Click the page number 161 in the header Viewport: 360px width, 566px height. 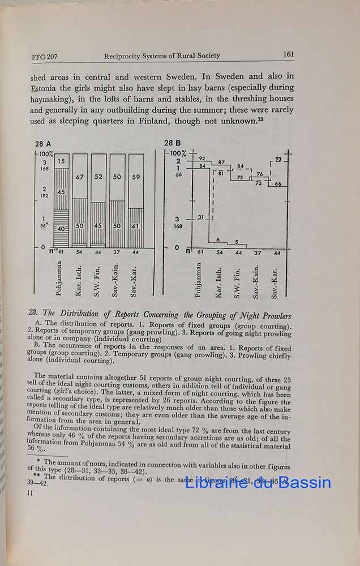pyautogui.click(x=288, y=55)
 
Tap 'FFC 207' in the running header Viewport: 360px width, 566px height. pyautogui.click(x=45, y=57)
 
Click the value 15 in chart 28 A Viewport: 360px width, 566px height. pyautogui.click(x=62, y=162)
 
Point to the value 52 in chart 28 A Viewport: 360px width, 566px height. pyautogui.click(x=98, y=177)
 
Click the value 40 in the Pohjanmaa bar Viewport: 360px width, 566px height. pyautogui.click(x=62, y=229)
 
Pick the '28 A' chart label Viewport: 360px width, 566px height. pyautogui.click(x=43, y=143)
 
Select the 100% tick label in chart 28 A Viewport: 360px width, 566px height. pyautogui.click(x=46, y=153)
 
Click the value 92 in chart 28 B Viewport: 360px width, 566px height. pyautogui.click(x=202, y=158)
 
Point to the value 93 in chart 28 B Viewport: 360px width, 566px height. pyautogui.click(x=278, y=160)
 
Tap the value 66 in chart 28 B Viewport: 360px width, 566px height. pyautogui.click(x=277, y=184)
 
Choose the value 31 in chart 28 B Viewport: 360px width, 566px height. pyautogui.click(x=200, y=217)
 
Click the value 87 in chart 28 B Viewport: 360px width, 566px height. pyautogui.click(x=221, y=162)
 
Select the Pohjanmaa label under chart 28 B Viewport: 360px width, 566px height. pyautogui.click(x=200, y=277)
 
